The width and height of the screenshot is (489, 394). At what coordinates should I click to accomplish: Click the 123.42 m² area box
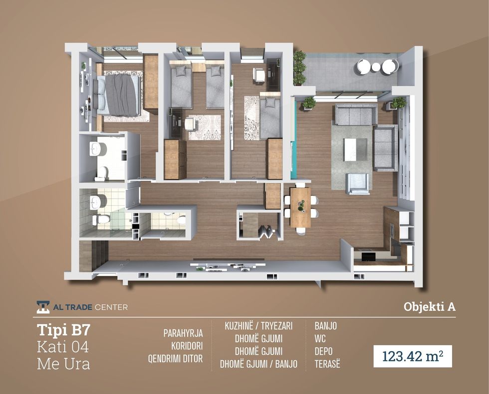click(x=413, y=356)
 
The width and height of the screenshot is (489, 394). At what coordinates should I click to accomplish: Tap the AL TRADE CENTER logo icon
click(x=43, y=307)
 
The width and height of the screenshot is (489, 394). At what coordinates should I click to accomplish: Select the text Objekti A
click(x=430, y=307)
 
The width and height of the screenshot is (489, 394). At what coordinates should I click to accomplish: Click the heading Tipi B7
click(x=64, y=330)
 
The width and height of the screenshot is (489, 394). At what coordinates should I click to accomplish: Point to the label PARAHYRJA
click(x=183, y=333)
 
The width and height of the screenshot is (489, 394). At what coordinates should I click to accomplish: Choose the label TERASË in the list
click(x=327, y=364)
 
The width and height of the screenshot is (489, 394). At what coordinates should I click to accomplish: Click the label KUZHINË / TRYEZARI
click(x=258, y=326)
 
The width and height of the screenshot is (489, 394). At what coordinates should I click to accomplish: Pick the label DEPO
click(x=323, y=351)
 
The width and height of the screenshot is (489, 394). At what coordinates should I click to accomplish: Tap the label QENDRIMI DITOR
click(x=175, y=359)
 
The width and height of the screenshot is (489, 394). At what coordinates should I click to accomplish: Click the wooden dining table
click(x=300, y=207)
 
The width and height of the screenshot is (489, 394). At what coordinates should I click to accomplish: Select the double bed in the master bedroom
click(x=118, y=95)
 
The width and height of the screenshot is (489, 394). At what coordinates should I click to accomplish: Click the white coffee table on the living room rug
click(x=355, y=150)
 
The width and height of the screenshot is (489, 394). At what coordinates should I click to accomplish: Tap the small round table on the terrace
click(x=376, y=67)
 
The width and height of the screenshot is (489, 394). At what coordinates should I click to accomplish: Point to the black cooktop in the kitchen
click(x=368, y=257)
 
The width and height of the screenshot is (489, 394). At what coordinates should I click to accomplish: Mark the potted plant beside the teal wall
click(x=309, y=103)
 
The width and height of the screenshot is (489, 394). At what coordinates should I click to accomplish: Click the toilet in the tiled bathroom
click(x=101, y=219)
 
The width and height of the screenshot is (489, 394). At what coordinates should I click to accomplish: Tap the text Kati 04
click(x=63, y=347)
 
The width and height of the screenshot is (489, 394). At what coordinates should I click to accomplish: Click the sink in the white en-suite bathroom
click(x=98, y=149)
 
